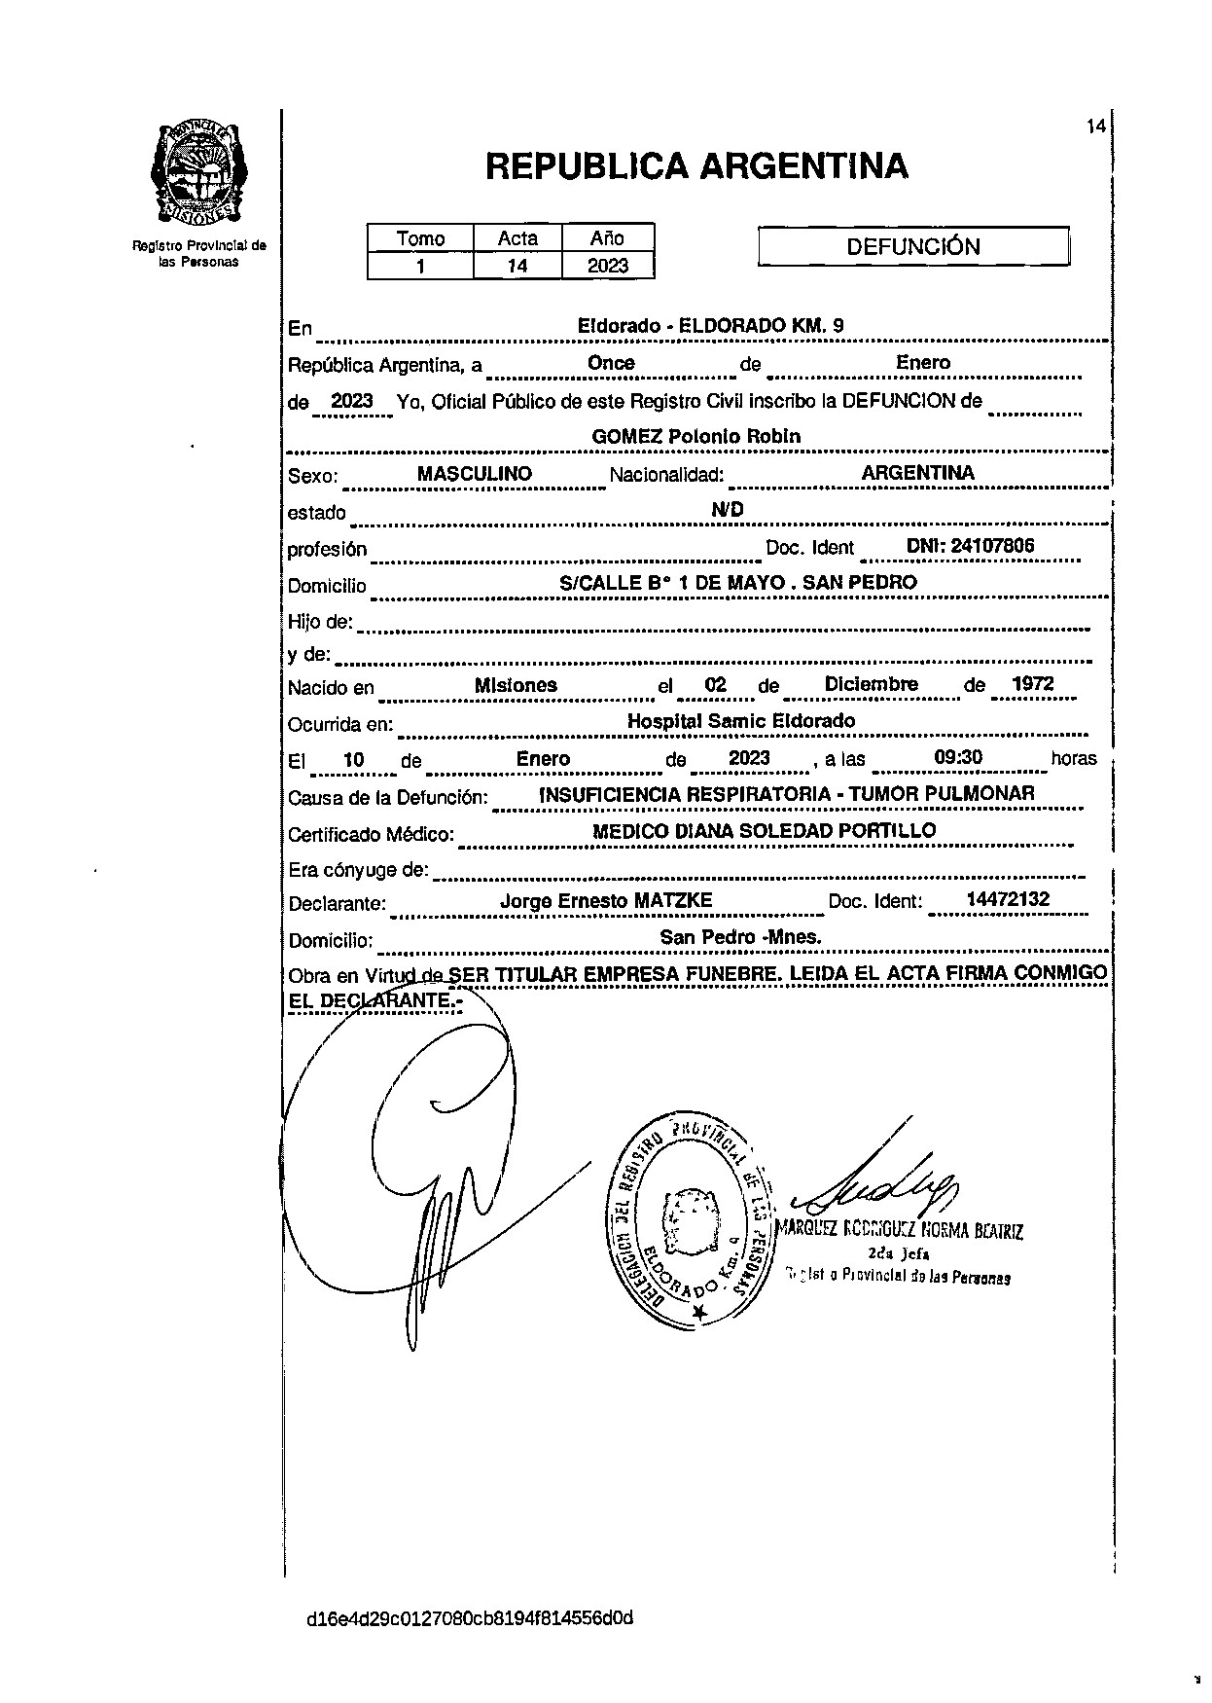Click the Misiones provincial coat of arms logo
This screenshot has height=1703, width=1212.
click(199, 171)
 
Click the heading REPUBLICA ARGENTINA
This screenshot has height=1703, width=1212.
click(696, 166)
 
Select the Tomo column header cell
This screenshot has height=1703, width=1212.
click(420, 238)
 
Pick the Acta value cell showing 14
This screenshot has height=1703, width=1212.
click(517, 266)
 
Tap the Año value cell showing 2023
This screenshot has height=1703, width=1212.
click(608, 266)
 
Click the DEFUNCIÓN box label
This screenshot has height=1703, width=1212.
click(912, 246)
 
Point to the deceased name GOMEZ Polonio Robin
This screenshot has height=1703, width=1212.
click(696, 436)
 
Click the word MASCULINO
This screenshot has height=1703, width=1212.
click(474, 474)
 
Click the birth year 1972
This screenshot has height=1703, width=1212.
click(1032, 684)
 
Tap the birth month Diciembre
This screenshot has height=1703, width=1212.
click(871, 684)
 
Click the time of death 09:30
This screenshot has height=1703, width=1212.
click(957, 758)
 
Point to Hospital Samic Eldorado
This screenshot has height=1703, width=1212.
click(741, 721)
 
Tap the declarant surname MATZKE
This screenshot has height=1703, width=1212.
click(673, 901)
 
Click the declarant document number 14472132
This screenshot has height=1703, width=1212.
click(1008, 899)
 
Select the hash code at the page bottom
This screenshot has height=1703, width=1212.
click(470, 1618)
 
